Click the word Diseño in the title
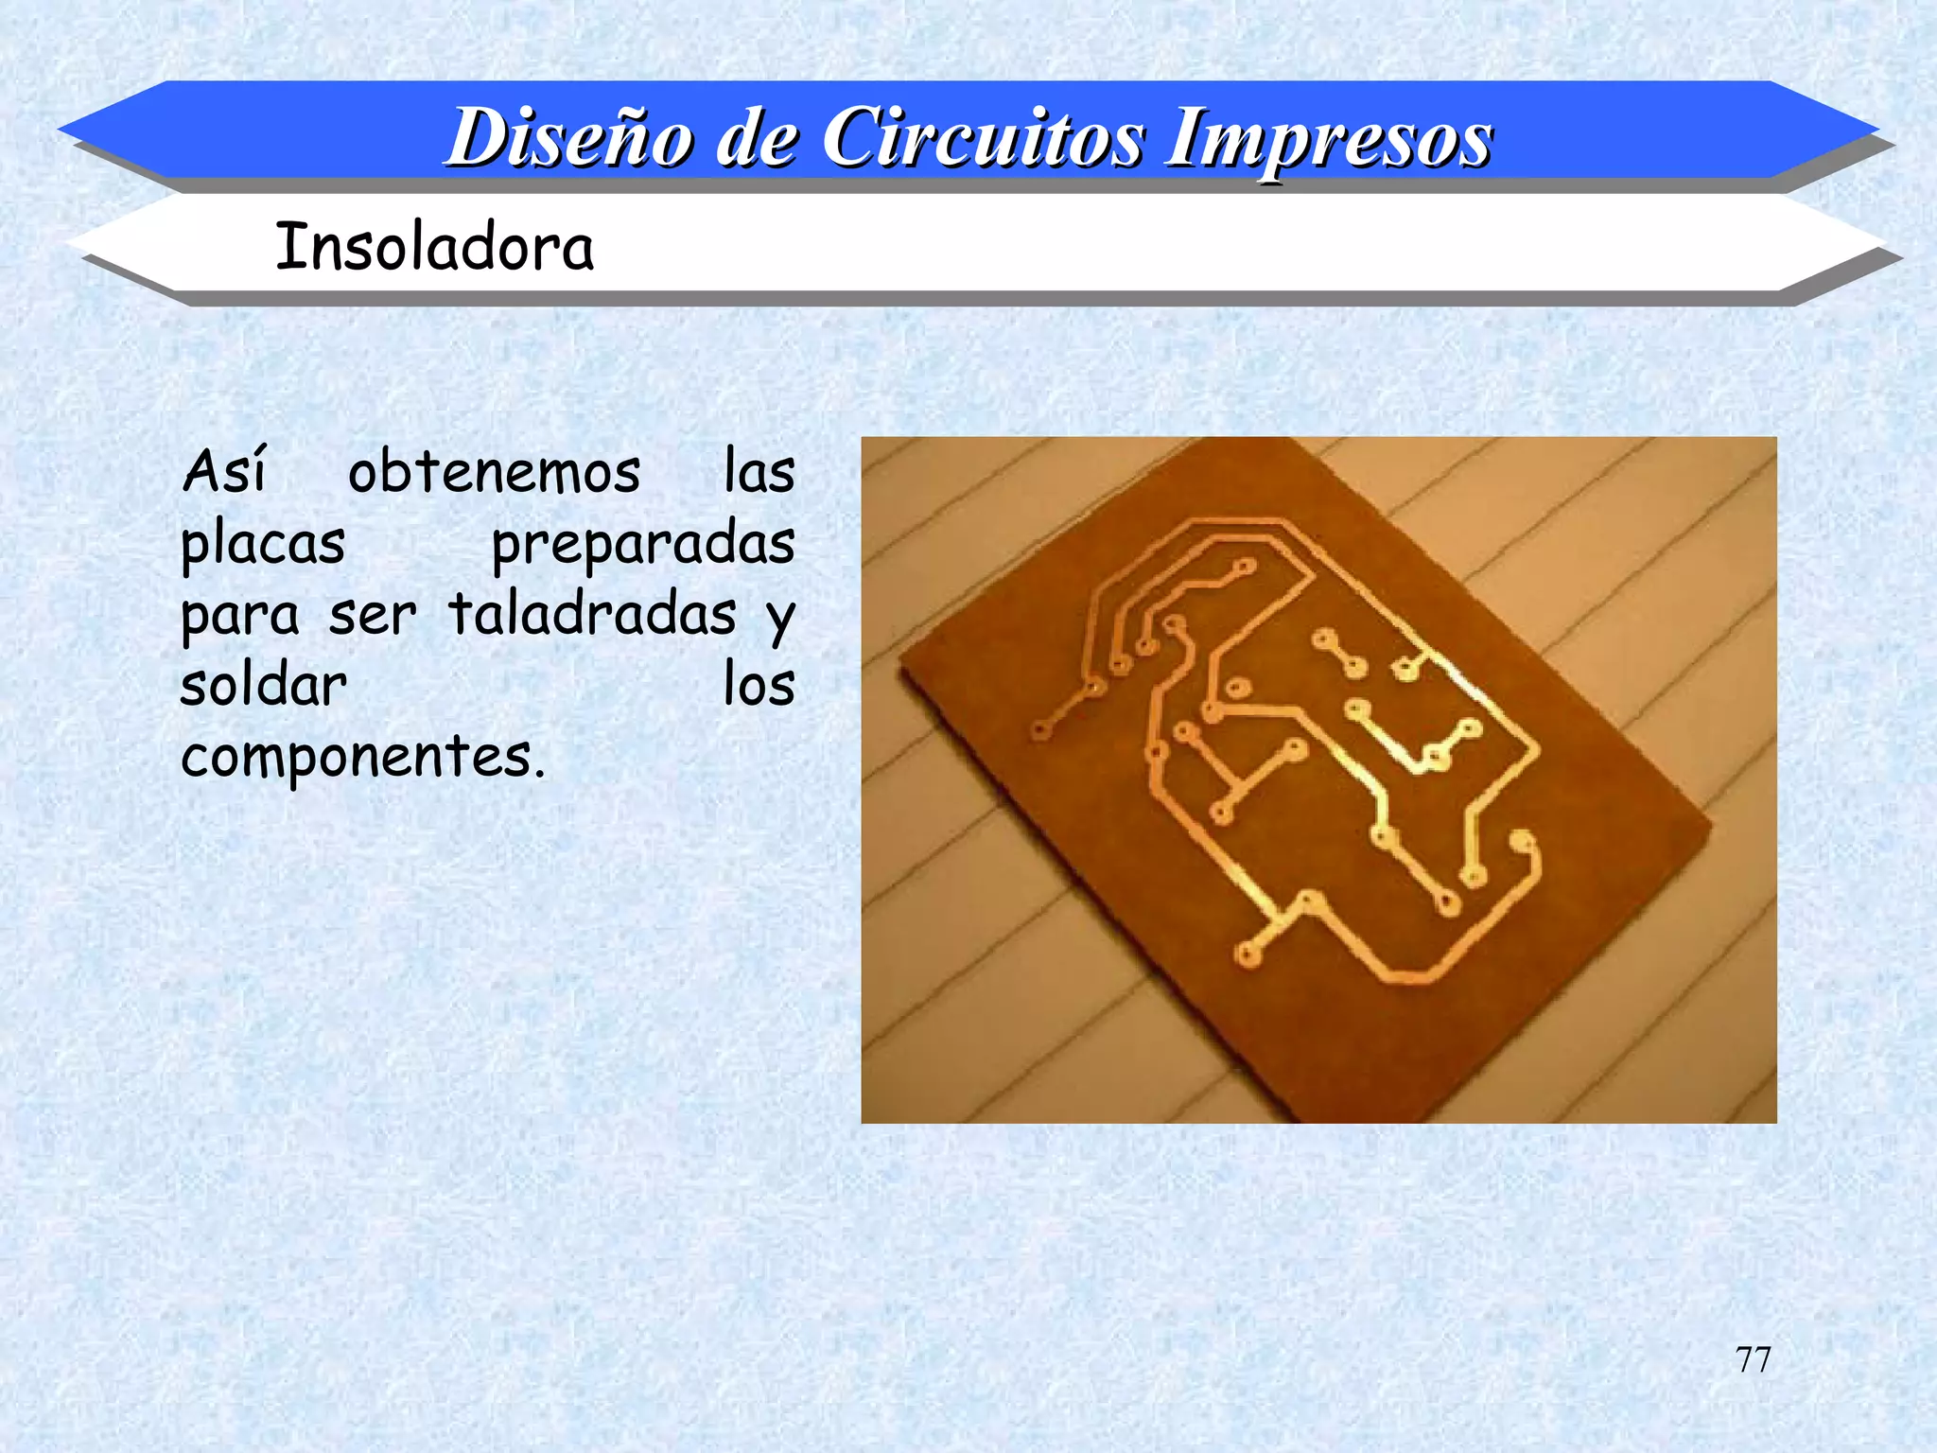[569, 138]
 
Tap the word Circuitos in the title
[983, 138]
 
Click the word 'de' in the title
[756, 138]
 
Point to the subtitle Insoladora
[434, 247]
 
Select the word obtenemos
[494, 472]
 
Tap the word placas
[263, 546]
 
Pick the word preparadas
[643, 546]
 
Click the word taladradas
[592, 614]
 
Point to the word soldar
[263, 685]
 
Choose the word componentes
[363, 758]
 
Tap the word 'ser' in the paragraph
[373, 616]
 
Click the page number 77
[1753, 1359]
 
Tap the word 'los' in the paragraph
[759, 685]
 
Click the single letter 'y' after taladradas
[780, 620]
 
